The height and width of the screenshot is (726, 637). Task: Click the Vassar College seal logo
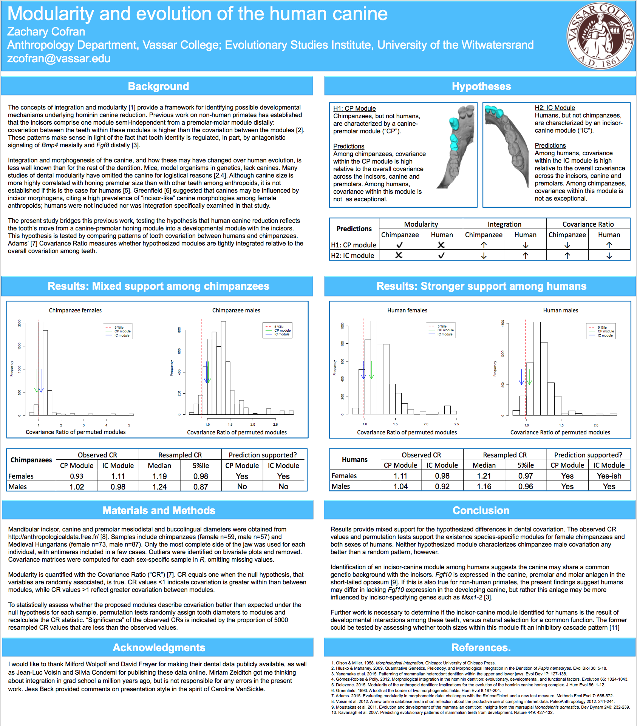(x=600, y=36)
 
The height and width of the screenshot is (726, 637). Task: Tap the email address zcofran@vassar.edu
(x=59, y=59)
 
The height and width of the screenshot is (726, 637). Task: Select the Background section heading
(x=158, y=86)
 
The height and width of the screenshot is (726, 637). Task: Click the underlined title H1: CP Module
(x=354, y=108)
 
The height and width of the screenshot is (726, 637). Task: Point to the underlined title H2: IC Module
(x=555, y=108)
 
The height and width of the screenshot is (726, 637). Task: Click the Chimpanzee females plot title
(x=75, y=310)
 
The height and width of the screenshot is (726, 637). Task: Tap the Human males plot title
(x=560, y=310)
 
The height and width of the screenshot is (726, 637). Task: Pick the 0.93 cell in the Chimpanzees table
(x=76, y=476)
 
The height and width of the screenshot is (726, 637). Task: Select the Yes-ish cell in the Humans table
(x=609, y=476)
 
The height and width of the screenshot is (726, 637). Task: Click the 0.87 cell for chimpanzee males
(x=201, y=487)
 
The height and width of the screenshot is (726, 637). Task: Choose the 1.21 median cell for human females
(x=484, y=476)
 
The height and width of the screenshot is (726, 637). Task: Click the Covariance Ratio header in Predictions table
(x=588, y=224)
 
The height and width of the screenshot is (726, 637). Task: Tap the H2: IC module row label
(x=353, y=255)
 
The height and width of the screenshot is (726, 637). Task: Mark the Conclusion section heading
(x=481, y=510)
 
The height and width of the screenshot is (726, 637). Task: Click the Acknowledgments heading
(x=159, y=647)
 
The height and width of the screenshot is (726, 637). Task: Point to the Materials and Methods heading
(x=159, y=510)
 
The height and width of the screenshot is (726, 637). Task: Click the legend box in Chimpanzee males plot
(x=278, y=330)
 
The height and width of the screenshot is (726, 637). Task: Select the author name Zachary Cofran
(x=46, y=31)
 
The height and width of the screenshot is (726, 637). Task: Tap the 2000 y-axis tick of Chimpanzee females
(x=19, y=323)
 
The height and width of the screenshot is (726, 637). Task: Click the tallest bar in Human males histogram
(x=537, y=368)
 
